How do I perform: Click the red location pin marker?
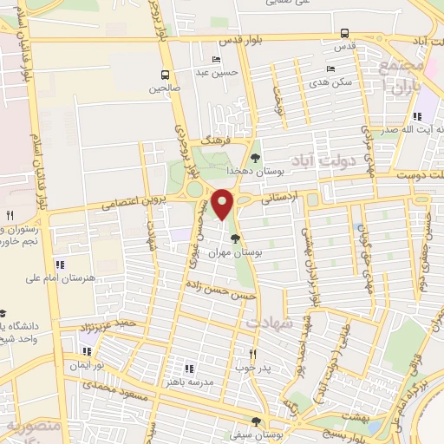(224, 204)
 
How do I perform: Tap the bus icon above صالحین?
(165, 75)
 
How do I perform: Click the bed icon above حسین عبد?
(216, 59)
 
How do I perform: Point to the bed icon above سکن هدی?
(330, 69)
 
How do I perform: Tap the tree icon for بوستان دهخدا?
(255, 158)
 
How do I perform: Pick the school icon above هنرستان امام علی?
(60, 264)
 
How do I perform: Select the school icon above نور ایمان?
(86, 351)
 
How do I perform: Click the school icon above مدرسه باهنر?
(189, 369)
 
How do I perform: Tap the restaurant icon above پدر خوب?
(252, 354)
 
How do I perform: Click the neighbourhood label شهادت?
(271, 323)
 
